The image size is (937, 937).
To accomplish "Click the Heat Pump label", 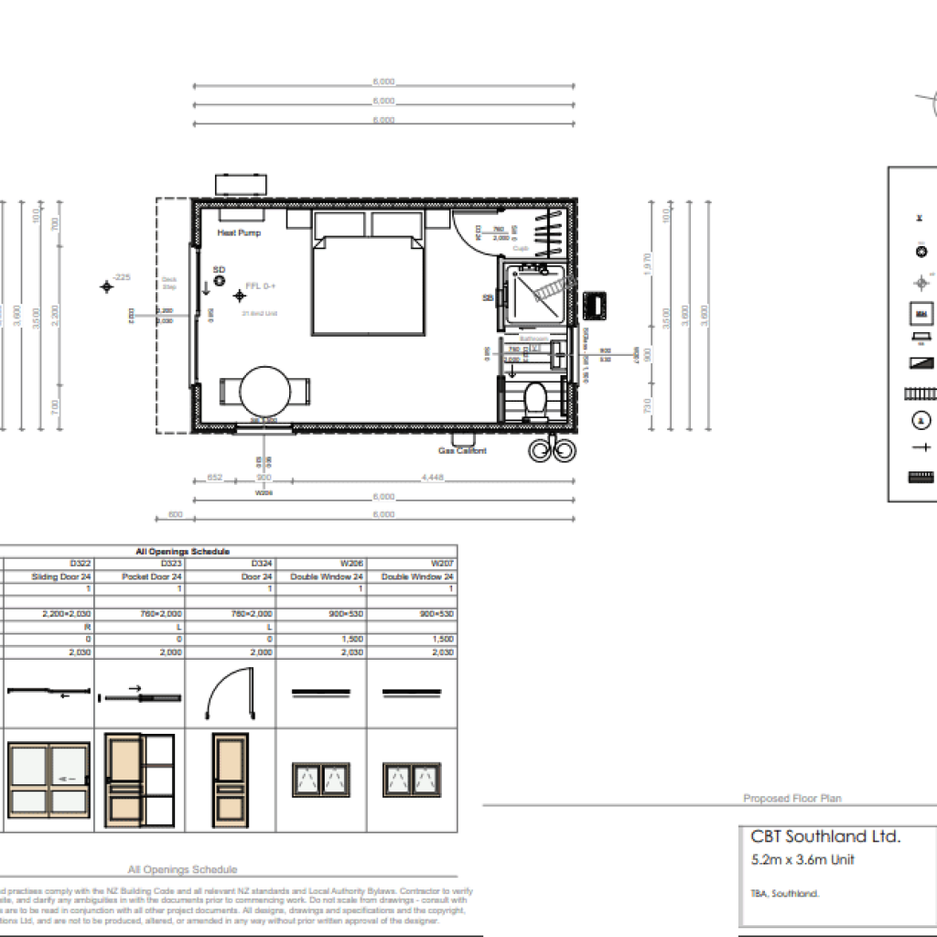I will pos(239,233).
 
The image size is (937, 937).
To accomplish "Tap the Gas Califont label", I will pos(463,451).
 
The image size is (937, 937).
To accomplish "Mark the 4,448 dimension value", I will pos(434,478).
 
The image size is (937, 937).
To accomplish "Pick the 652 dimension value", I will pos(215,478).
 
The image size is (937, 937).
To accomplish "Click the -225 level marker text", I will pos(122,276).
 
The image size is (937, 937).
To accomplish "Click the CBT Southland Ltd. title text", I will pos(825,836).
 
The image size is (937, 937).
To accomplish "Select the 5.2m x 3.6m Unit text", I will pos(802,859).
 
